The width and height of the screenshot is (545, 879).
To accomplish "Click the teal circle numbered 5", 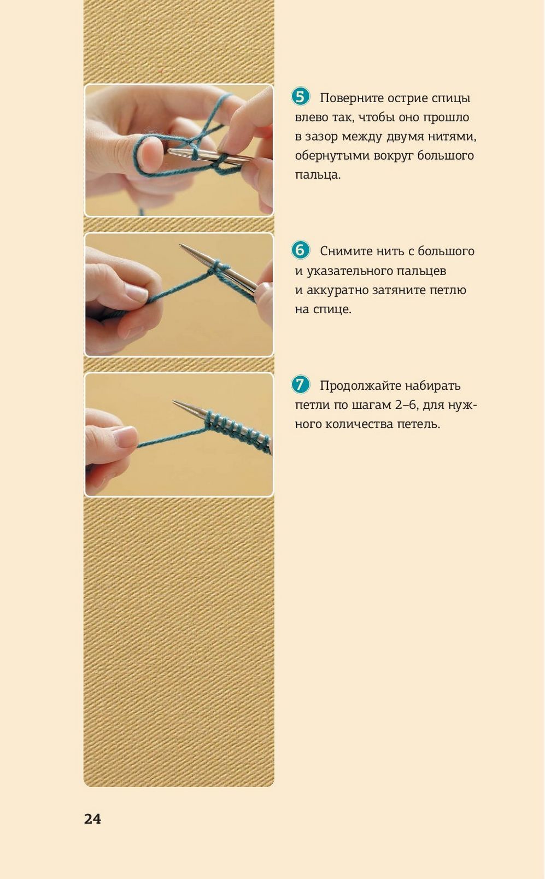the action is (301, 97).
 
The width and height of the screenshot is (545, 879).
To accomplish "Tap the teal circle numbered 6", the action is (301, 250).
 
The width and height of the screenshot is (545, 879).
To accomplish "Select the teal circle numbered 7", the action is (301, 385).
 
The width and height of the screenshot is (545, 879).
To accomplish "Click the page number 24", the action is (92, 819).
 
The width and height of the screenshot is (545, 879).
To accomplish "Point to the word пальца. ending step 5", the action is (318, 174).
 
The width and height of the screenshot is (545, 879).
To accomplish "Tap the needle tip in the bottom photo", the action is (174, 401).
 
